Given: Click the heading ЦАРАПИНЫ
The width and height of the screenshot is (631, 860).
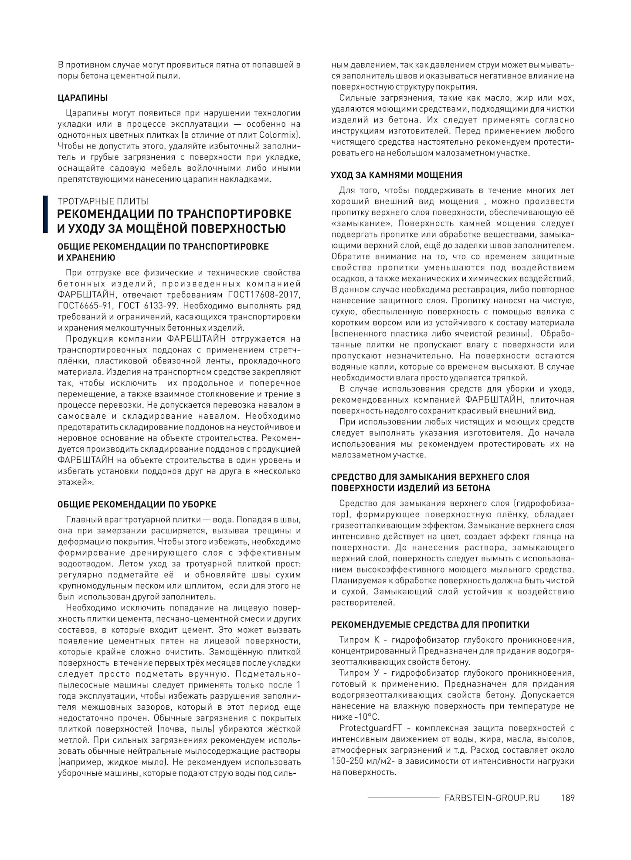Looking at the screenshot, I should coord(82,98).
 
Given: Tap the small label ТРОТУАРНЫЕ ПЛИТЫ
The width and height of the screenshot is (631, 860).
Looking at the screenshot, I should coord(103,201).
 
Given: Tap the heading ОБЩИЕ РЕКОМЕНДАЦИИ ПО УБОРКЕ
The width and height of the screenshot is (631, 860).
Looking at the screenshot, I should coord(137,504).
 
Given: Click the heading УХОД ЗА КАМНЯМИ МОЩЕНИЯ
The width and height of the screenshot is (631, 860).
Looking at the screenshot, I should coord(397,175).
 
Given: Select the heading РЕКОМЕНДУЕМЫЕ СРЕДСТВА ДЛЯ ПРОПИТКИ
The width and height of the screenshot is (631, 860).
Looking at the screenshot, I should coord(430,625).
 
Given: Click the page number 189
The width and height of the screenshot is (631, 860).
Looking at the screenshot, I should coord(568,798).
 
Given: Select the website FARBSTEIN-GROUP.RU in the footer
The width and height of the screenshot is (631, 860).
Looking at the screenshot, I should coord(492,798).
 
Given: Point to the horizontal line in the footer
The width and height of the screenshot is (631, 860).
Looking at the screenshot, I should coord(403,798).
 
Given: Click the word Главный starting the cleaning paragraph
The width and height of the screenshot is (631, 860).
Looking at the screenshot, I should coord(82,520).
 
